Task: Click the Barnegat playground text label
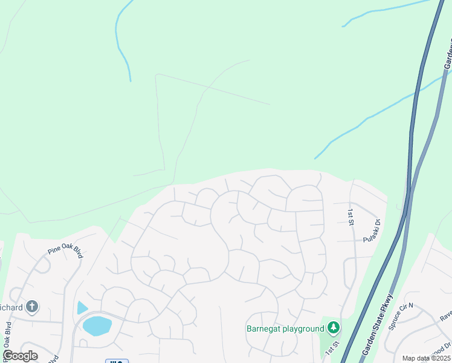[285, 329]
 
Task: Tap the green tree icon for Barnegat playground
[333, 328]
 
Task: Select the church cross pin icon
[33, 307]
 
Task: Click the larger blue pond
[97, 325]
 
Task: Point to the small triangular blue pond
[82, 307]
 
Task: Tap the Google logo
[20, 356]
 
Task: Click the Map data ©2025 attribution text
[426, 358]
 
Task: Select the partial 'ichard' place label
[11, 307]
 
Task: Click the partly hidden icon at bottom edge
[117, 361]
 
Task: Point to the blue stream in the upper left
[121, 42]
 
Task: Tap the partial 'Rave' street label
[446, 315]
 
